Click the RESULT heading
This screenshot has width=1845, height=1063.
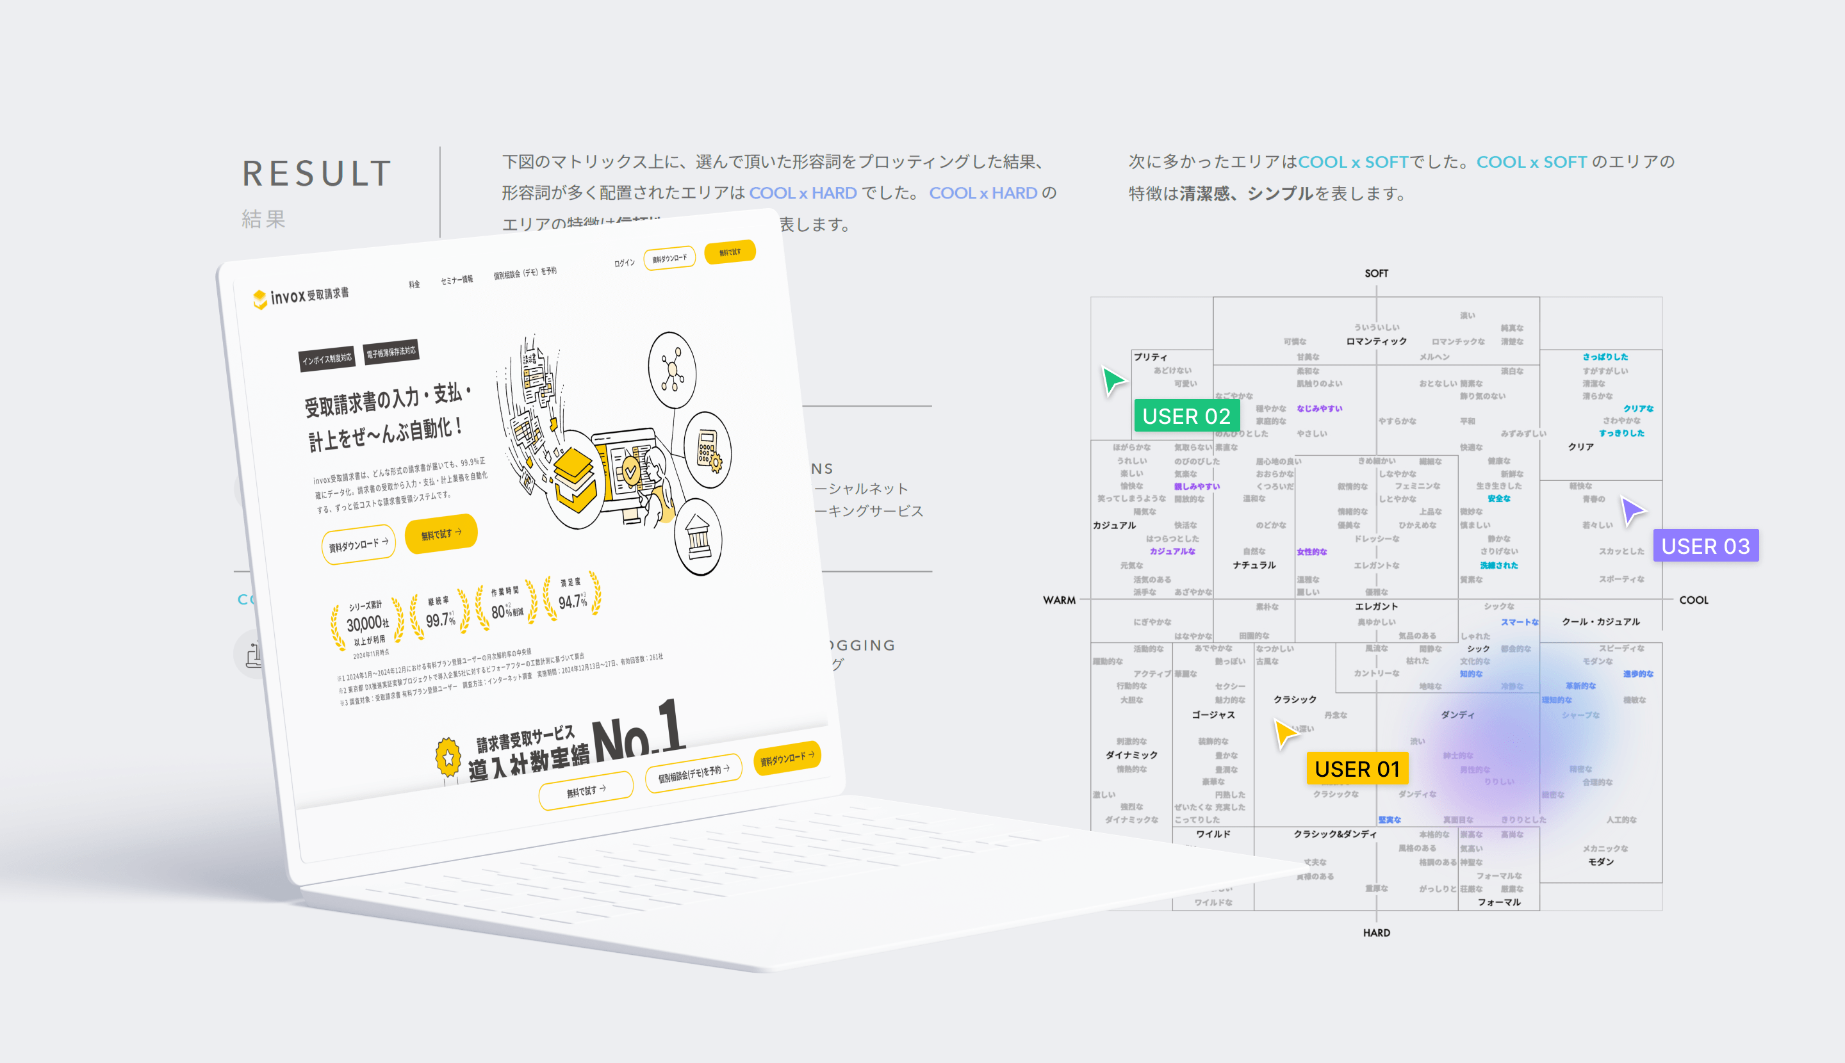point(317,174)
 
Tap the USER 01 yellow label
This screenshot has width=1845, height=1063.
point(1357,769)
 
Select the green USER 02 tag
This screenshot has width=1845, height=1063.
point(1186,416)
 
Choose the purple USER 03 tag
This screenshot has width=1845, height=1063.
point(1705,546)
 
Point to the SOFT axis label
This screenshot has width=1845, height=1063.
point(1376,273)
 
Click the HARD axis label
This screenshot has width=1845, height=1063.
point(1376,932)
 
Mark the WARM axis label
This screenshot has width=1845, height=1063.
point(1059,600)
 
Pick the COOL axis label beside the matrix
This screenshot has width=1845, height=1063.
point(1693,600)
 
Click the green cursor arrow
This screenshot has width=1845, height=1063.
point(1112,380)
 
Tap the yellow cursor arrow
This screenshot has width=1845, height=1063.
point(1285,733)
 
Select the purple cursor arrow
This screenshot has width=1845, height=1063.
point(1632,510)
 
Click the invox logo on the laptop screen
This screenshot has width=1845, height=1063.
point(301,296)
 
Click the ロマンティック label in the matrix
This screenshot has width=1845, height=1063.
point(1376,341)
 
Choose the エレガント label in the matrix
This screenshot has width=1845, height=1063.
point(1376,606)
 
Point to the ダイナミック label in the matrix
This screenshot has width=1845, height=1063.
point(1131,755)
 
